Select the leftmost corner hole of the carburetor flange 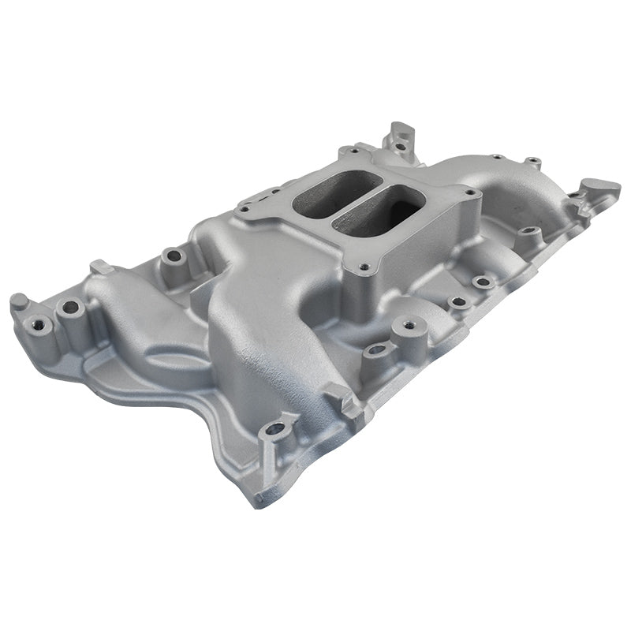click(x=245, y=208)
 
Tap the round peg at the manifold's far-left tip click(x=19, y=301)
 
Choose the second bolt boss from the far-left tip click(x=71, y=306)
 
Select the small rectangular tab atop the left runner click(x=100, y=267)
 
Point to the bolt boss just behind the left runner click(x=173, y=256)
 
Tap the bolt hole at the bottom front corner click(x=275, y=429)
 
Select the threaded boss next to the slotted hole click(x=408, y=324)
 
